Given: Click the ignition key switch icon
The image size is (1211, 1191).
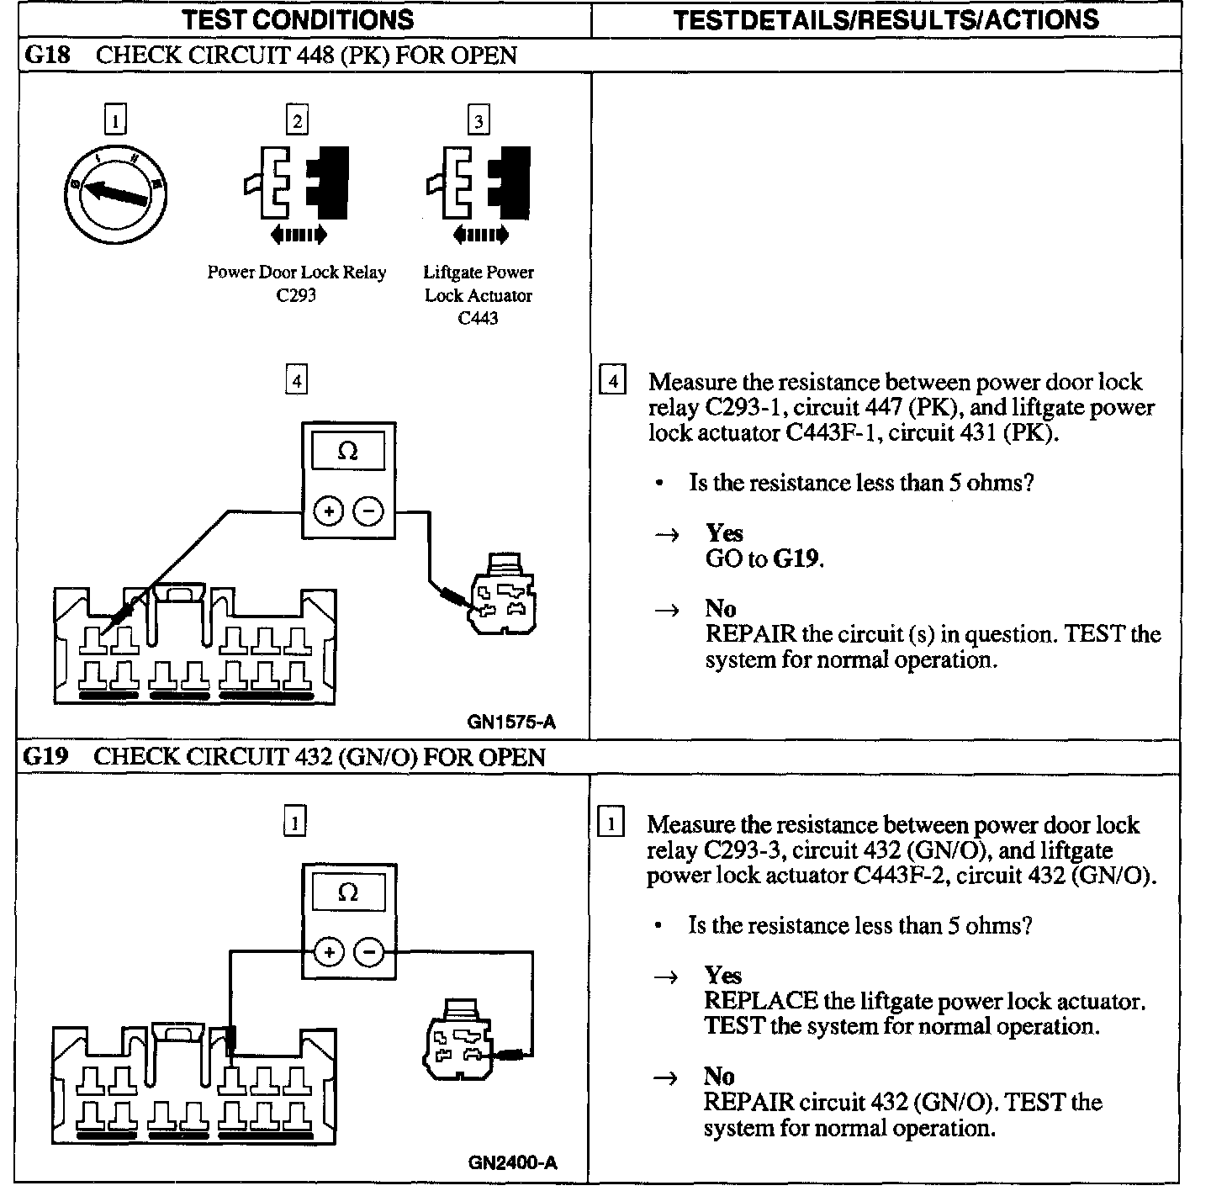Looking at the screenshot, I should pyautogui.click(x=116, y=194).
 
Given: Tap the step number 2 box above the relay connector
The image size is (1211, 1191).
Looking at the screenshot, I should pyautogui.click(x=296, y=120).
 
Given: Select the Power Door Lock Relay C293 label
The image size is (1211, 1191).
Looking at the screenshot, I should pyautogui.click(x=297, y=283).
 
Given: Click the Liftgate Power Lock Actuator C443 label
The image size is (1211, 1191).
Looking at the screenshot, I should pyautogui.click(x=479, y=295).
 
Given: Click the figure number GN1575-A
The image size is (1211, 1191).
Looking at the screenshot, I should pyautogui.click(x=511, y=722).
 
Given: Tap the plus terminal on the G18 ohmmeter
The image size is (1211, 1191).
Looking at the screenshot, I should pyautogui.click(x=328, y=511).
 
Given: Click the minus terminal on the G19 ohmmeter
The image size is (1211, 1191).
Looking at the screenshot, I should pyautogui.click(x=368, y=952).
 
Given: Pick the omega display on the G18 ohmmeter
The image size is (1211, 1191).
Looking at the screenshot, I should pyautogui.click(x=347, y=452).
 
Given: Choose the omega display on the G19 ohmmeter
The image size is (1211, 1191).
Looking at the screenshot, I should pyautogui.click(x=347, y=893).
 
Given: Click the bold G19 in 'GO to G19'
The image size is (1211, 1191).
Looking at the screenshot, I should pyautogui.click(x=796, y=558).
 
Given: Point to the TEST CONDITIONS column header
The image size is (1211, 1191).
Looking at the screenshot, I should pyautogui.click(x=299, y=19).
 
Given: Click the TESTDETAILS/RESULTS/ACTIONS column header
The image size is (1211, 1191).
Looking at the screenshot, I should pyautogui.click(x=886, y=19).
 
